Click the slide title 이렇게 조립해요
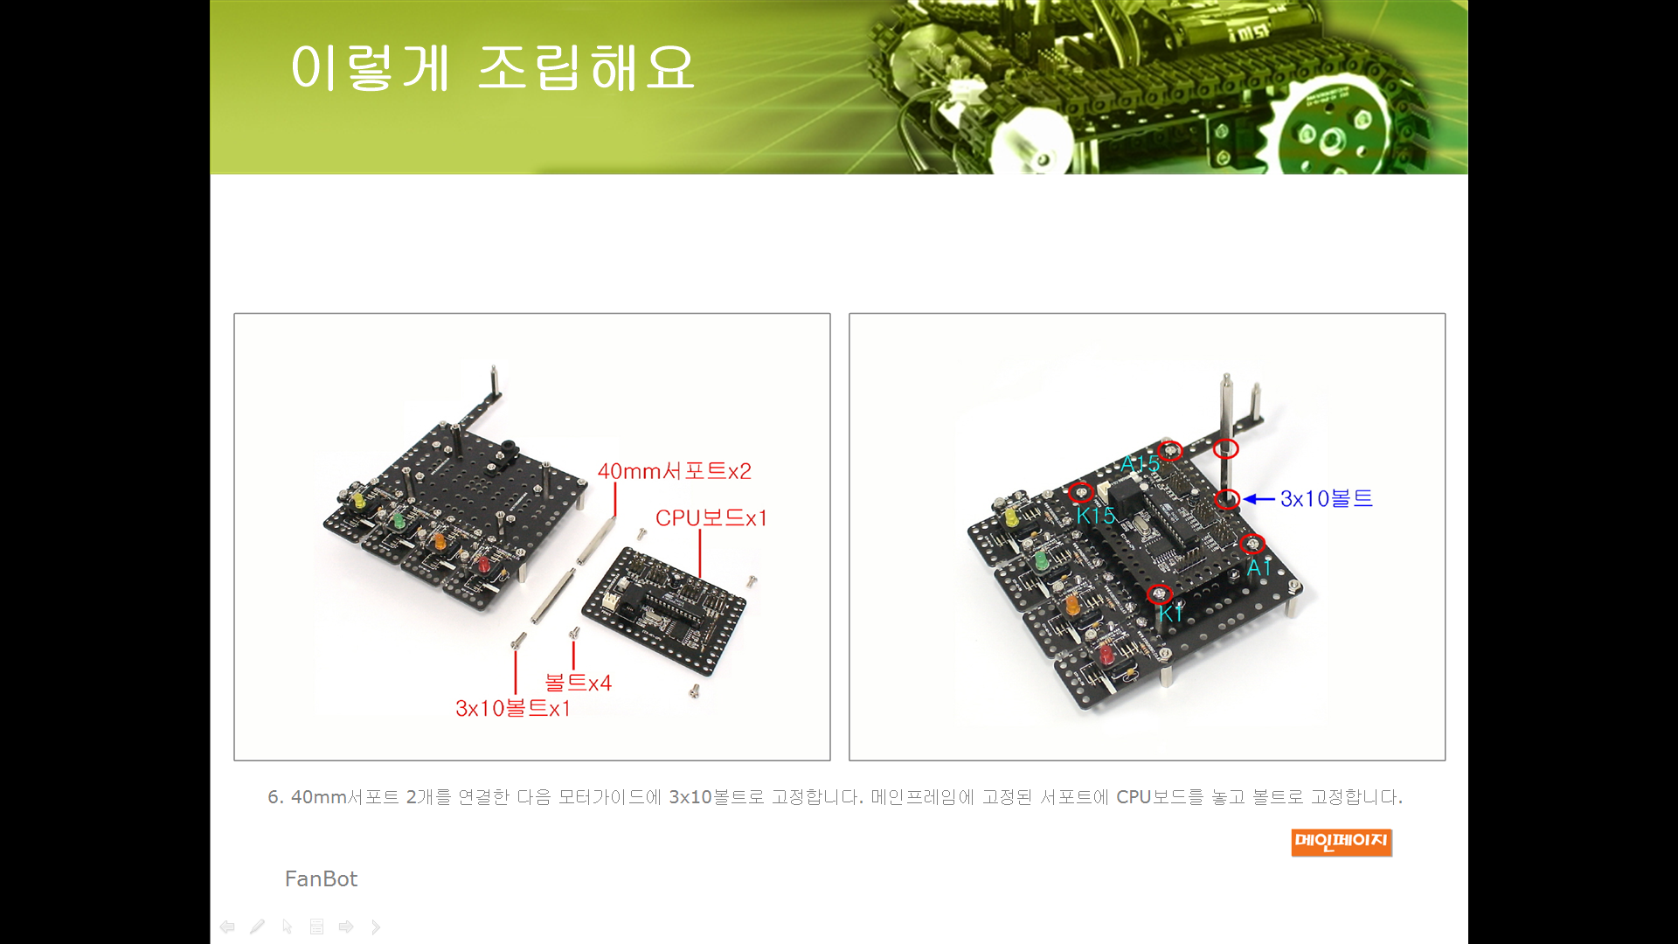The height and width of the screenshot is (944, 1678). (x=492, y=67)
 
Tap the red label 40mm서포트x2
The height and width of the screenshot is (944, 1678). (x=674, y=471)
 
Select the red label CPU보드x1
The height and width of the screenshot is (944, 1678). (x=711, y=518)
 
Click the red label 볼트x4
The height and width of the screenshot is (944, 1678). (x=578, y=683)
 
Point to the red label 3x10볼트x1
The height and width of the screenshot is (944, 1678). (x=513, y=708)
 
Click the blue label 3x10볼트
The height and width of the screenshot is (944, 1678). (x=1326, y=498)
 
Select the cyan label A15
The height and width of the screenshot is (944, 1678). (x=1140, y=464)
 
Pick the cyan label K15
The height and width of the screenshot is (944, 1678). (x=1096, y=516)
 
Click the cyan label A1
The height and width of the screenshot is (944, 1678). (x=1258, y=568)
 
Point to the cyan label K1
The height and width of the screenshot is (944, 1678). (x=1170, y=614)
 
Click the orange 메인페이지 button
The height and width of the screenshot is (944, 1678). (x=1342, y=842)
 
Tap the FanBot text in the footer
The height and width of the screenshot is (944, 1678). (x=321, y=878)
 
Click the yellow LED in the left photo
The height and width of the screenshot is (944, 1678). (x=357, y=502)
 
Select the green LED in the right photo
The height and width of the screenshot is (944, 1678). (x=1040, y=559)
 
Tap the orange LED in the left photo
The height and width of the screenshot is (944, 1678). (x=440, y=541)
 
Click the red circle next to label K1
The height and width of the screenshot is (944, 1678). (x=1159, y=594)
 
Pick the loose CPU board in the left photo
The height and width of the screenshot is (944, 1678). (x=664, y=609)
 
